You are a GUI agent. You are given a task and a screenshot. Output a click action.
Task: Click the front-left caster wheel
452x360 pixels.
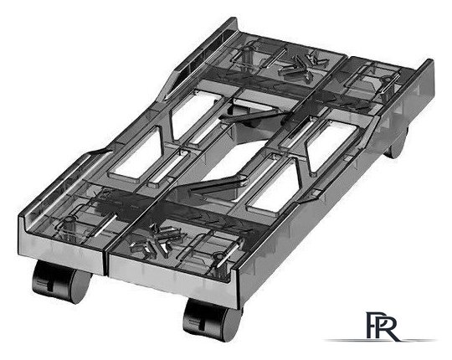click(61, 281)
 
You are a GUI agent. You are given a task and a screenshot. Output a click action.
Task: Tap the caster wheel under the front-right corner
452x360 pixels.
click(213, 320)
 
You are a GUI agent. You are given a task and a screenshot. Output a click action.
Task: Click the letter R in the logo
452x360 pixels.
click(386, 327)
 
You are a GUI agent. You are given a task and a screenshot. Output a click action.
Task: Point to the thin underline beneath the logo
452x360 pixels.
click(381, 341)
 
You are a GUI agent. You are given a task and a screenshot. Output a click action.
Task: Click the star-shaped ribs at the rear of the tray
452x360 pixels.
click(302, 65)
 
